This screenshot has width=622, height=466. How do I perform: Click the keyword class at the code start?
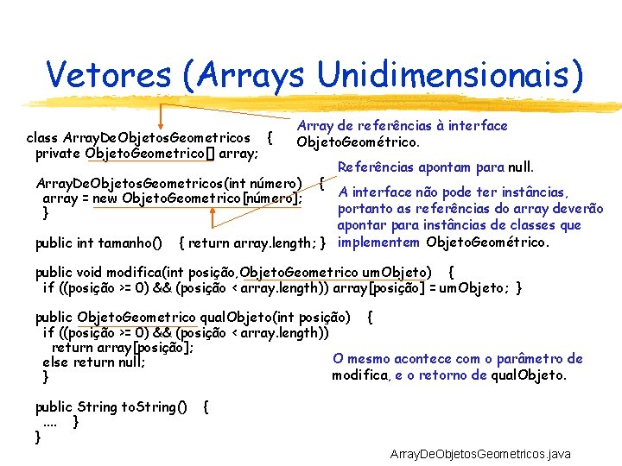pos(41,138)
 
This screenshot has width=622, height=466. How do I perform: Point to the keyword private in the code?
pos(58,154)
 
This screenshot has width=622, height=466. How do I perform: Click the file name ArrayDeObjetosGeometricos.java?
pos(480,453)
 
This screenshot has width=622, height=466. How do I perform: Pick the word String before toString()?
pos(96,406)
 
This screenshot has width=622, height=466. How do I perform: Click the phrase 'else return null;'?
pos(93,362)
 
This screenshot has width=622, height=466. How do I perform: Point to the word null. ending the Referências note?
pos(521,167)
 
